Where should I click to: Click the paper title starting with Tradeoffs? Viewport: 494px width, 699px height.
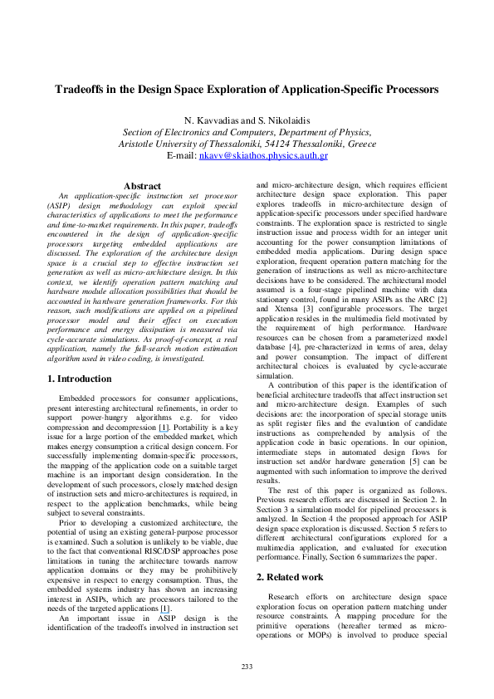coord(247,89)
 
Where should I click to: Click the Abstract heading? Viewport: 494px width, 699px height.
coord(142,186)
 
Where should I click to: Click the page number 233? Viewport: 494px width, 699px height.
coord(247,667)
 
